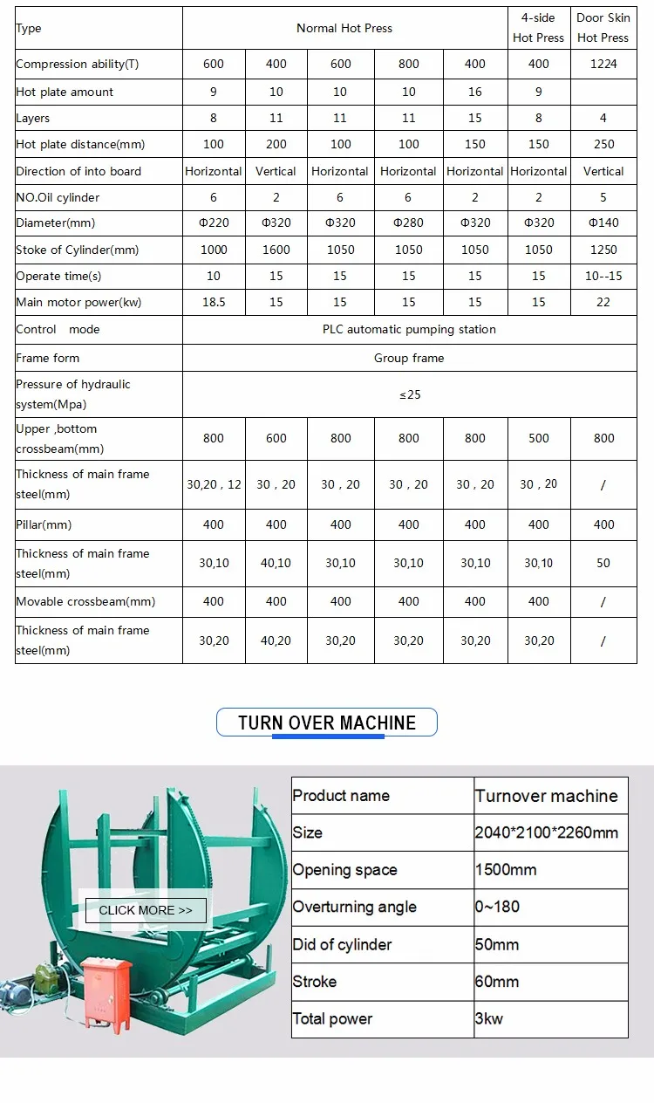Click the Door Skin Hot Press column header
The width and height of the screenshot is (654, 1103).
pyautogui.click(x=603, y=28)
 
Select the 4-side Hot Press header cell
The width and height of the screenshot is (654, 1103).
pyautogui.click(x=538, y=28)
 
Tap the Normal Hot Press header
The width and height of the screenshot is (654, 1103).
pyautogui.click(x=344, y=28)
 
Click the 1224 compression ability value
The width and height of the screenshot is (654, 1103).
pyautogui.click(x=603, y=64)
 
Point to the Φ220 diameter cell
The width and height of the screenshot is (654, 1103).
pyautogui.click(x=214, y=223)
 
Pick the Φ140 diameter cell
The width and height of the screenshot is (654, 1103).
pyautogui.click(x=603, y=223)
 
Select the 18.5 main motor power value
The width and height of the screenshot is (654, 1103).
pyautogui.click(x=214, y=302)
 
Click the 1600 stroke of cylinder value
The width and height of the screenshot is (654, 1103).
pyautogui.click(x=276, y=250)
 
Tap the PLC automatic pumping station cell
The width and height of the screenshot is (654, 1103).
pyautogui.click(x=409, y=329)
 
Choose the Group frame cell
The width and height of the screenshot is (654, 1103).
pyautogui.click(x=409, y=358)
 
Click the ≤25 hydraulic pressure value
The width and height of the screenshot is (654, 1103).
pyautogui.click(x=409, y=394)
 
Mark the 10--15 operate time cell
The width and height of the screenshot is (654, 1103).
pyautogui.click(x=603, y=276)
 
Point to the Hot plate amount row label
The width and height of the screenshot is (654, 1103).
pyautogui.click(x=65, y=92)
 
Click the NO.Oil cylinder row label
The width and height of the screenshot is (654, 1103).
pyautogui.click(x=58, y=197)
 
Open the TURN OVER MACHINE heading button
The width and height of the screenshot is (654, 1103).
pyautogui.click(x=327, y=723)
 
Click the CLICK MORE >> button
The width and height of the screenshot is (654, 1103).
pyautogui.click(x=146, y=910)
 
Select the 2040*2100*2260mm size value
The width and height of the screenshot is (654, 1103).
pyautogui.click(x=547, y=832)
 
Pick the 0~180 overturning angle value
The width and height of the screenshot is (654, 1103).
pyautogui.click(x=497, y=907)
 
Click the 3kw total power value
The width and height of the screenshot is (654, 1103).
pyautogui.click(x=489, y=1018)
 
